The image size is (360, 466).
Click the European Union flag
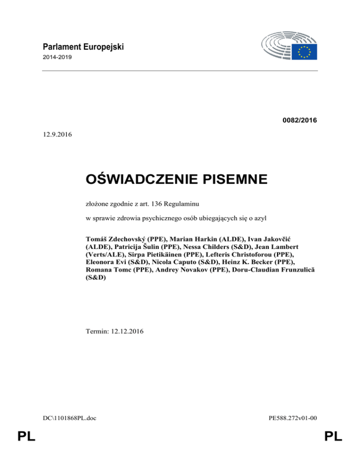[305, 52]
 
